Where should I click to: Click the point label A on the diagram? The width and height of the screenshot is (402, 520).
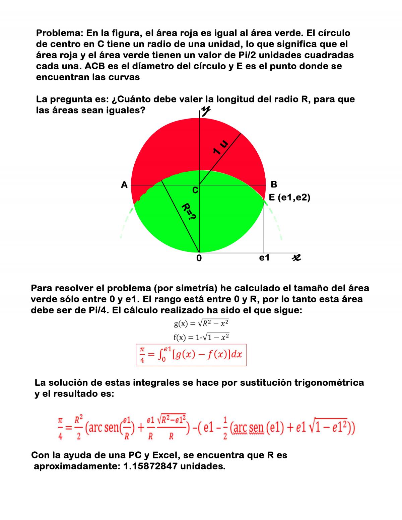(x=124, y=185)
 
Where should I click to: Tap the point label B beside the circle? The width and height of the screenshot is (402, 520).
(x=274, y=184)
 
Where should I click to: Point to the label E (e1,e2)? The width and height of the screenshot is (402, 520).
(x=289, y=198)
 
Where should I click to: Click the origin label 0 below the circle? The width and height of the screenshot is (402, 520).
(x=199, y=258)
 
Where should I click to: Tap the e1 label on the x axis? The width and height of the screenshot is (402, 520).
(x=264, y=257)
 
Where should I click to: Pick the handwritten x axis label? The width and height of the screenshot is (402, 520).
(x=296, y=257)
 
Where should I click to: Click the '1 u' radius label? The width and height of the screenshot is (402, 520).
(x=221, y=147)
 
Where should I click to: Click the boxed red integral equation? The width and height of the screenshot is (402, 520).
(x=191, y=355)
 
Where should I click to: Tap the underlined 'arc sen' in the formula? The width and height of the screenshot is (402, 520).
(x=247, y=428)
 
